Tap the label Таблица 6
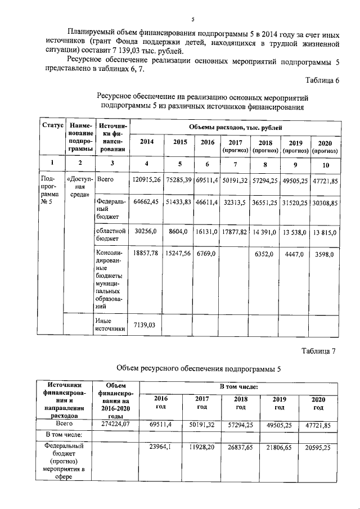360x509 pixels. pos(320,80)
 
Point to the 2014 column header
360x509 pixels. pos(146,142)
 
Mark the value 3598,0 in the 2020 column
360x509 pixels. pos(324,254)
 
